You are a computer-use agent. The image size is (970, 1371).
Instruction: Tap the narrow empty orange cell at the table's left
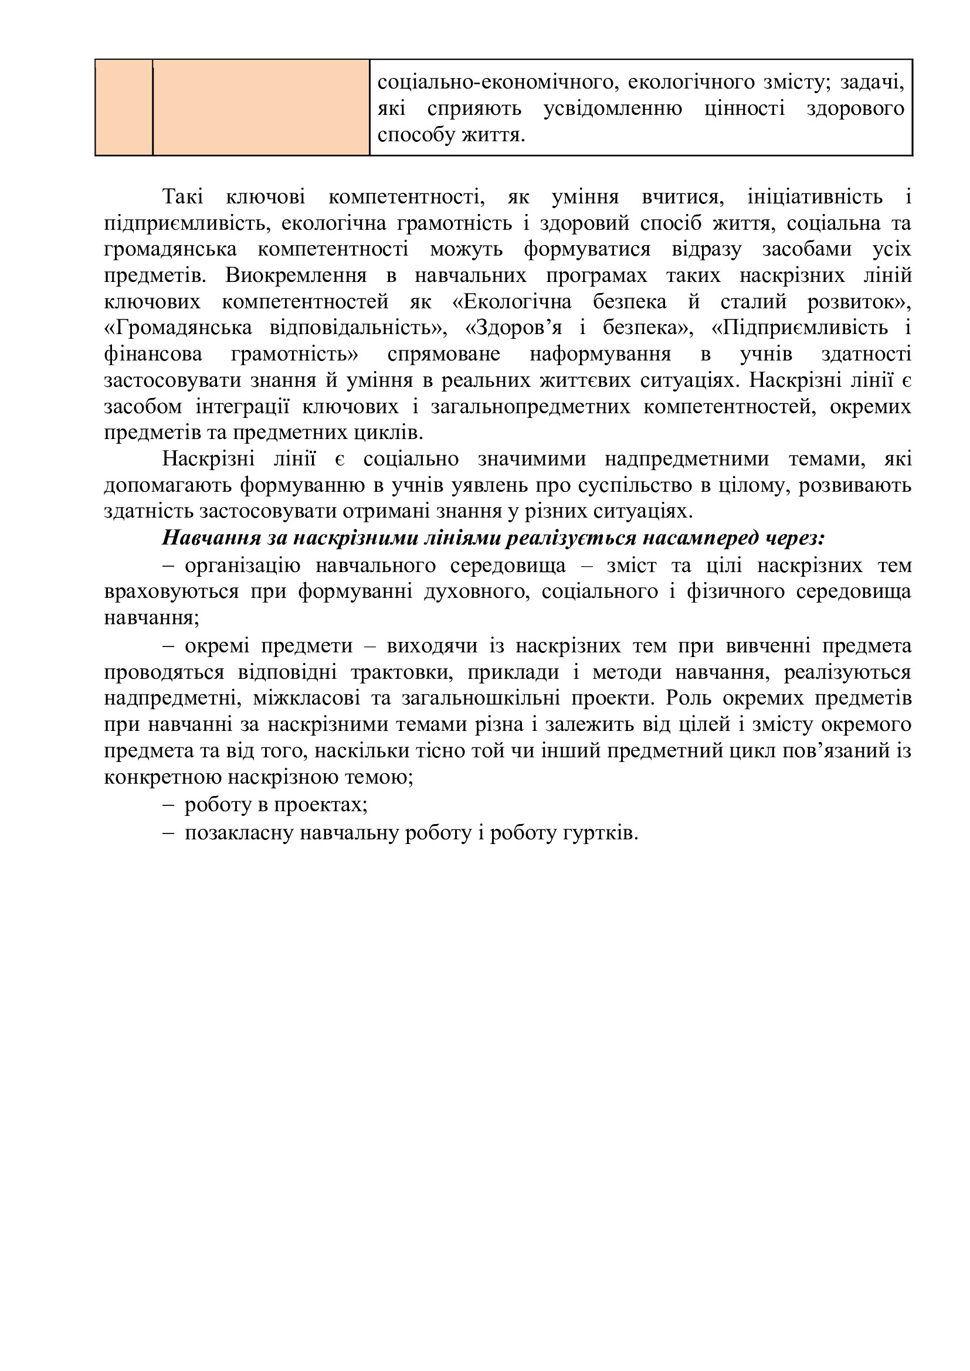coord(124,107)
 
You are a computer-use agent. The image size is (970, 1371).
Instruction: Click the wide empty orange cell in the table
coord(261,107)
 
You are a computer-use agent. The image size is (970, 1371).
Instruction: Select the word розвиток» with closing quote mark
coord(859,302)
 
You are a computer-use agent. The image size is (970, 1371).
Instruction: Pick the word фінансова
coord(153,354)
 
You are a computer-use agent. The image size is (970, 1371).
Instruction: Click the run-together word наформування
coord(600,354)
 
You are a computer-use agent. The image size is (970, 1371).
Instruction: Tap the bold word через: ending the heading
coord(795,538)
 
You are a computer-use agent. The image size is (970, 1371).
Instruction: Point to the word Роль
coord(686,698)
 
